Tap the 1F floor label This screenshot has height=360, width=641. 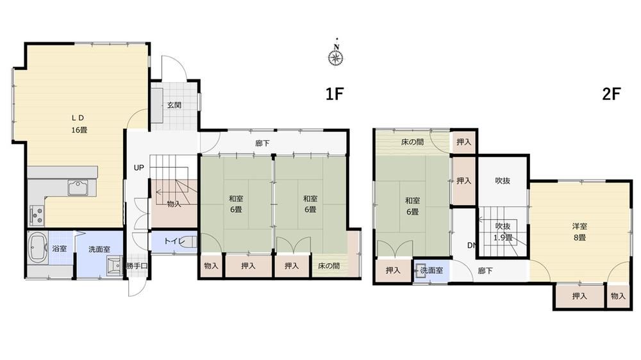click(x=334, y=94)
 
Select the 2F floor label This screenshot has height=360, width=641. click(x=611, y=94)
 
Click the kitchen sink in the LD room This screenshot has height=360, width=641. click(x=78, y=188)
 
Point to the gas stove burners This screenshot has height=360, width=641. click(x=37, y=215)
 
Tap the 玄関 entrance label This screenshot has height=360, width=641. click(x=174, y=105)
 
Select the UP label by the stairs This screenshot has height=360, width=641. click(x=139, y=168)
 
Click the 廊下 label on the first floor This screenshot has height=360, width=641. click(x=262, y=143)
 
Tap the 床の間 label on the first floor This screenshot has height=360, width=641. click(x=329, y=266)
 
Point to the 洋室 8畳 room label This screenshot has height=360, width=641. click(x=579, y=232)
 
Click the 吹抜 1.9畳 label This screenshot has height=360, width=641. click(x=503, y=232)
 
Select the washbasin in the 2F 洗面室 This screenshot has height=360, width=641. click(x=419, y=270)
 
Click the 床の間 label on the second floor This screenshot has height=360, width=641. click(x=412, y=142)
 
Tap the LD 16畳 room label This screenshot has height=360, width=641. click(x=79, y=124)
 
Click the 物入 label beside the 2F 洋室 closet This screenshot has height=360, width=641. click(x=618, y=296)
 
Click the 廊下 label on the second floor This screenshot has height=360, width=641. click(x=485, y=270)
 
